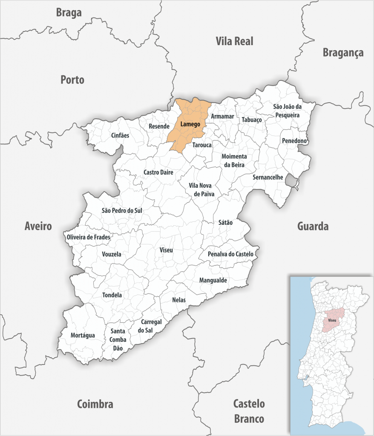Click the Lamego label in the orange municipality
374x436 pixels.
[x=189, y=124]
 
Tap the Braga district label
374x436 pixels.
[x=69, y=13]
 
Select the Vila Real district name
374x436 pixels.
[x=234, y=41]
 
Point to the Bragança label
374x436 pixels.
[x=343, y=52]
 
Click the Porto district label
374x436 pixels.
[x=72, y=80]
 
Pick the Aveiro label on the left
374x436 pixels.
[x=38, y=226]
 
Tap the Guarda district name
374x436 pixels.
[x=313, y=226]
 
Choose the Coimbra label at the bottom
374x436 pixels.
[x=95, y=404]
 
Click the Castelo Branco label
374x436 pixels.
[x=249, y=411]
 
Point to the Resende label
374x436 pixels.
[x=159, y=126]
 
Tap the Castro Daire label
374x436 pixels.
[x=158, y=172]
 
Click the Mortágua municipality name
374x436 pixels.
[x=83, y=336]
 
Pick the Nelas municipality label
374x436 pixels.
[x=179, y=300]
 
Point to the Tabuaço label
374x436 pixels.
[x=251, y=120]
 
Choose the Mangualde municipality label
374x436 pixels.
[x=213, y=280]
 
